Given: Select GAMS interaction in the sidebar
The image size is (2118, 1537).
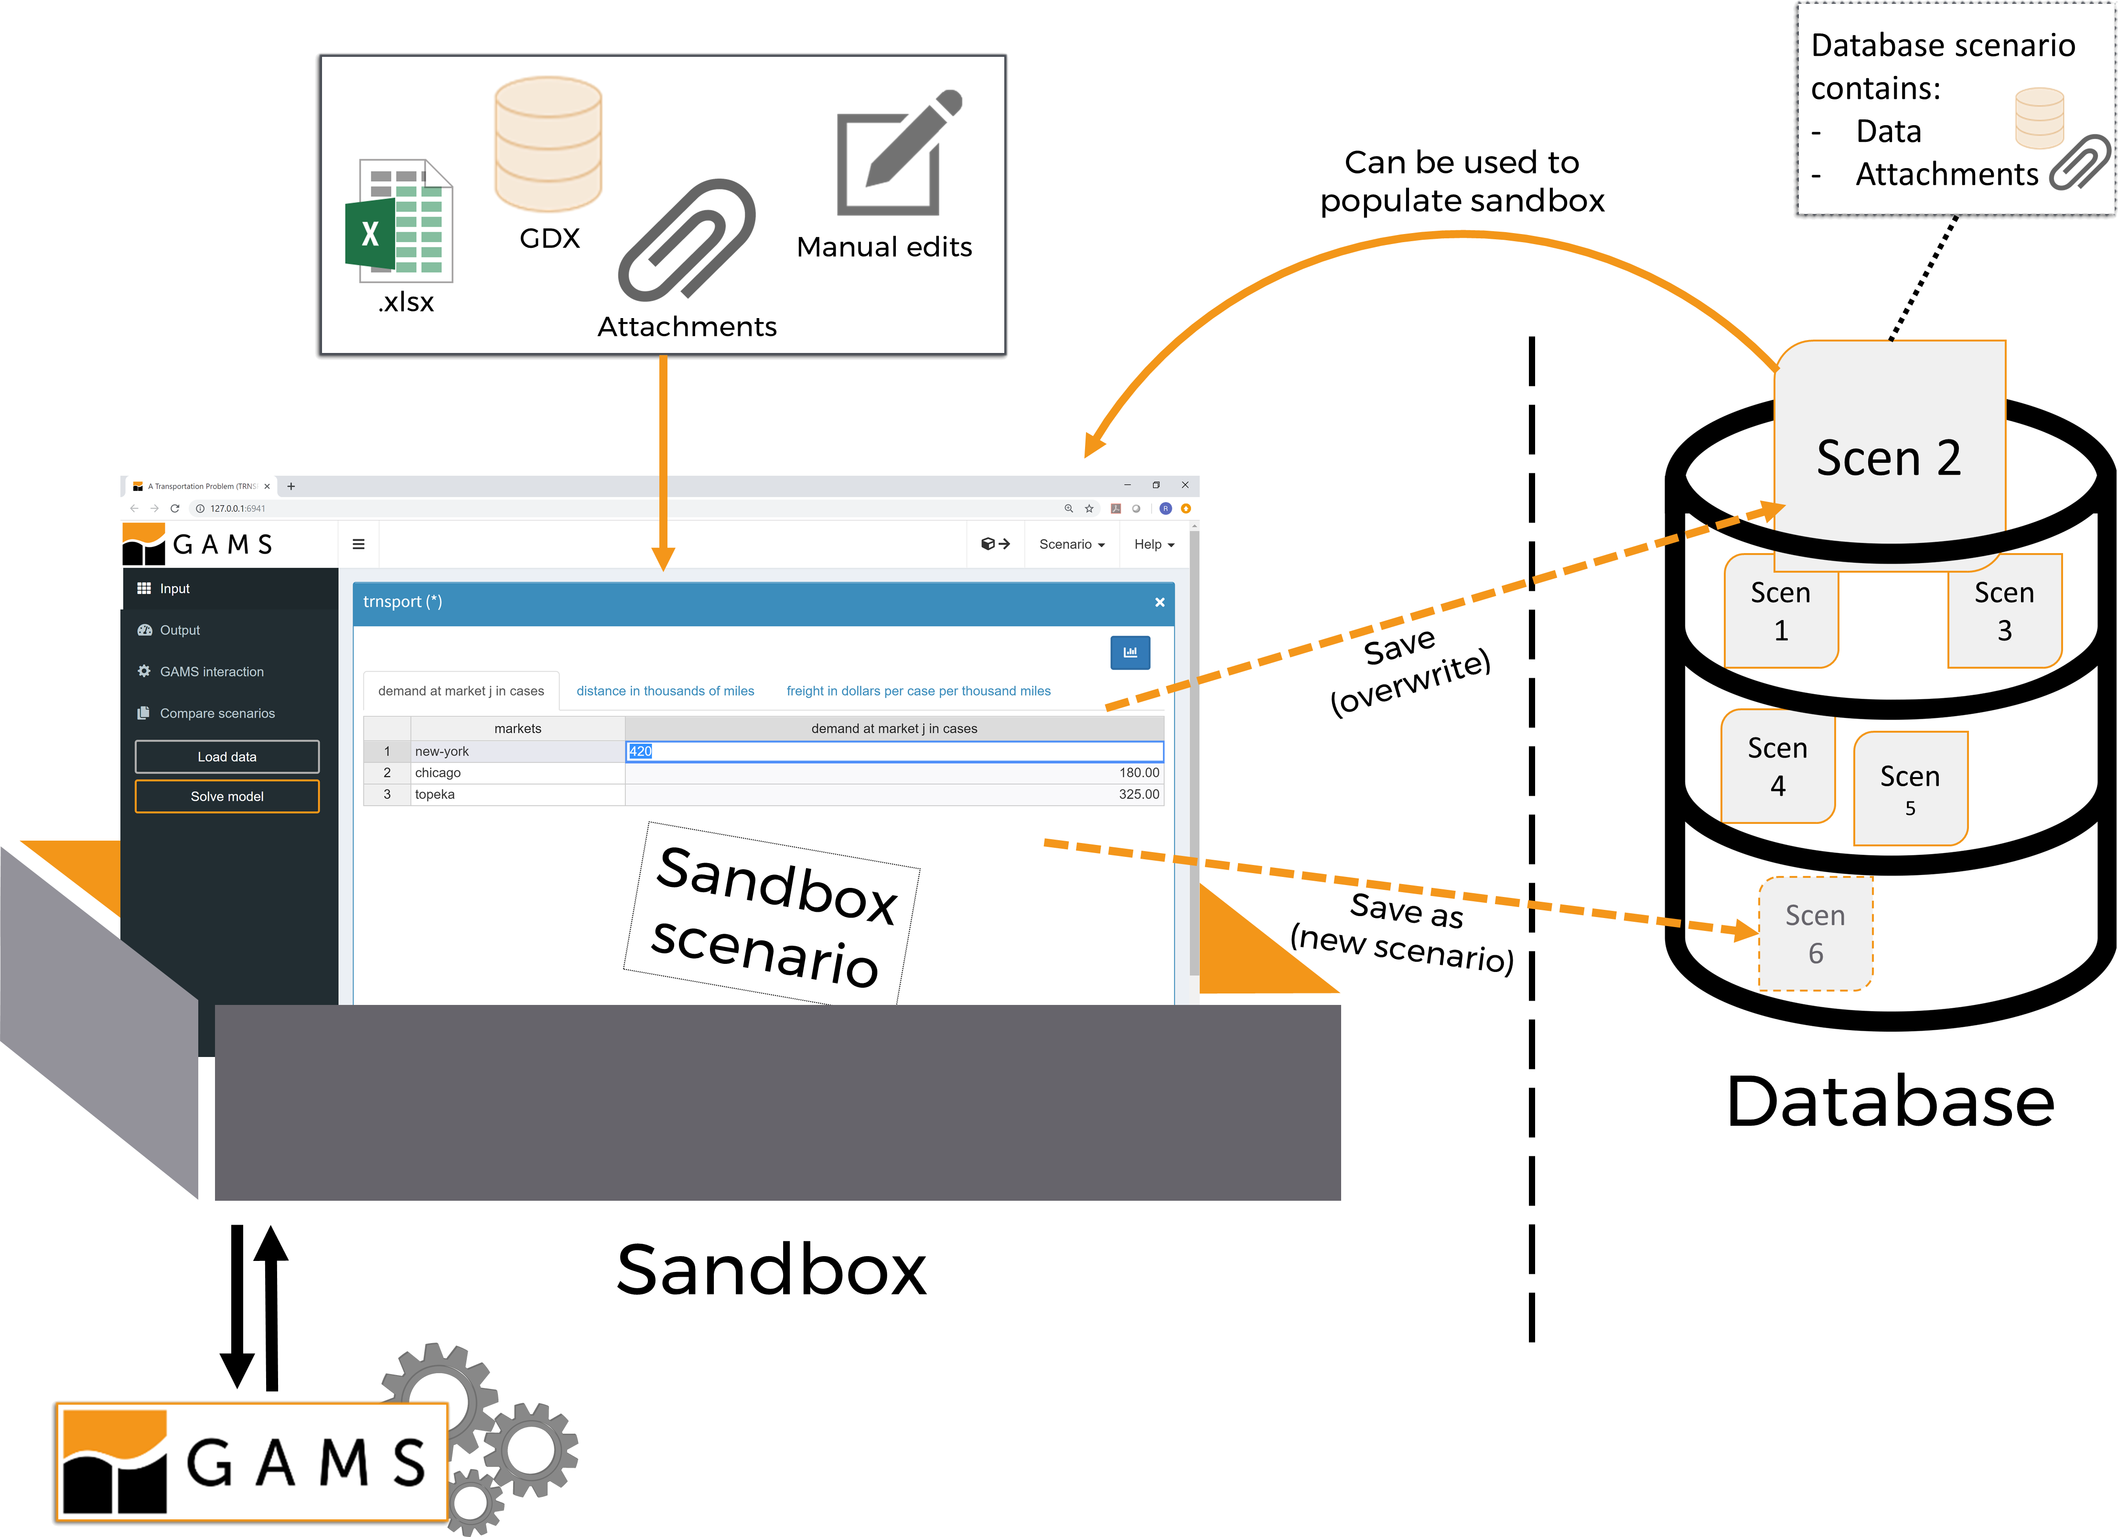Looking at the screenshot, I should click(x=211, y=672).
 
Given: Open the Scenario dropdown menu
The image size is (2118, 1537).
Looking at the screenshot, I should click(x=1071, y=544).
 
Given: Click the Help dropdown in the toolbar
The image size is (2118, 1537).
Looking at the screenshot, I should click(x=1153, y=544).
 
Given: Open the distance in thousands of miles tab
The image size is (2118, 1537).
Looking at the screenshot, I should click(x=665, y=691).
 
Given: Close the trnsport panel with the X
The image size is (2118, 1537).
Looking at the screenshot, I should click(x=1159, y=602).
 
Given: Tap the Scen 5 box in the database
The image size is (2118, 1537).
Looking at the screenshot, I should click(x=1910, y=789).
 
